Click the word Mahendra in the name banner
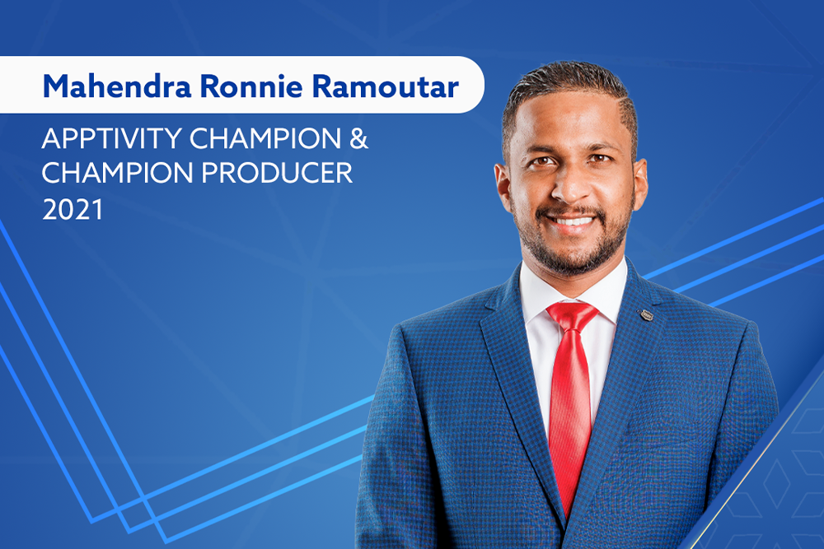[117, 86]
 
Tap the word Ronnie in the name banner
[251, 86]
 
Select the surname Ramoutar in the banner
[386, 86]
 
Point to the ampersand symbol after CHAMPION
[358, 139]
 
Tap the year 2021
[73, 209]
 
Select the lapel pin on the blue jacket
[646, 315]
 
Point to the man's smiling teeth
[573, 221]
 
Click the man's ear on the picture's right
[641, 181]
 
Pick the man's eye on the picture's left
[542, 161]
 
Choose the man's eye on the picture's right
[599, 158]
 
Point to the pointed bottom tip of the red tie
[567, 516]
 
